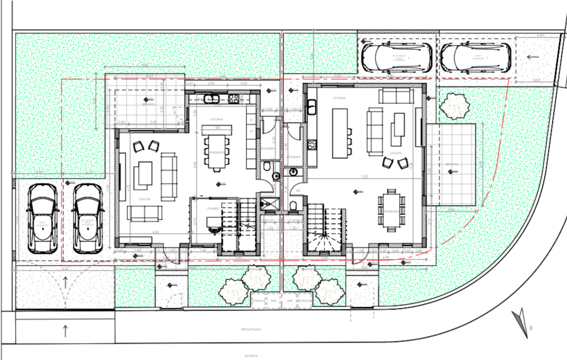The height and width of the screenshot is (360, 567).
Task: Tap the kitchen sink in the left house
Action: click(212, 99)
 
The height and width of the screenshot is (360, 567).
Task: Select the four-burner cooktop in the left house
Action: click(234, 99)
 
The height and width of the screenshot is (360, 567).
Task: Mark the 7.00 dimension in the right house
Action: click(364, 177)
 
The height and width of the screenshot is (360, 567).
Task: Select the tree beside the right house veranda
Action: click(454, 105)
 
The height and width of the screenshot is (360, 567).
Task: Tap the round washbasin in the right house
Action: click(292, 172)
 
